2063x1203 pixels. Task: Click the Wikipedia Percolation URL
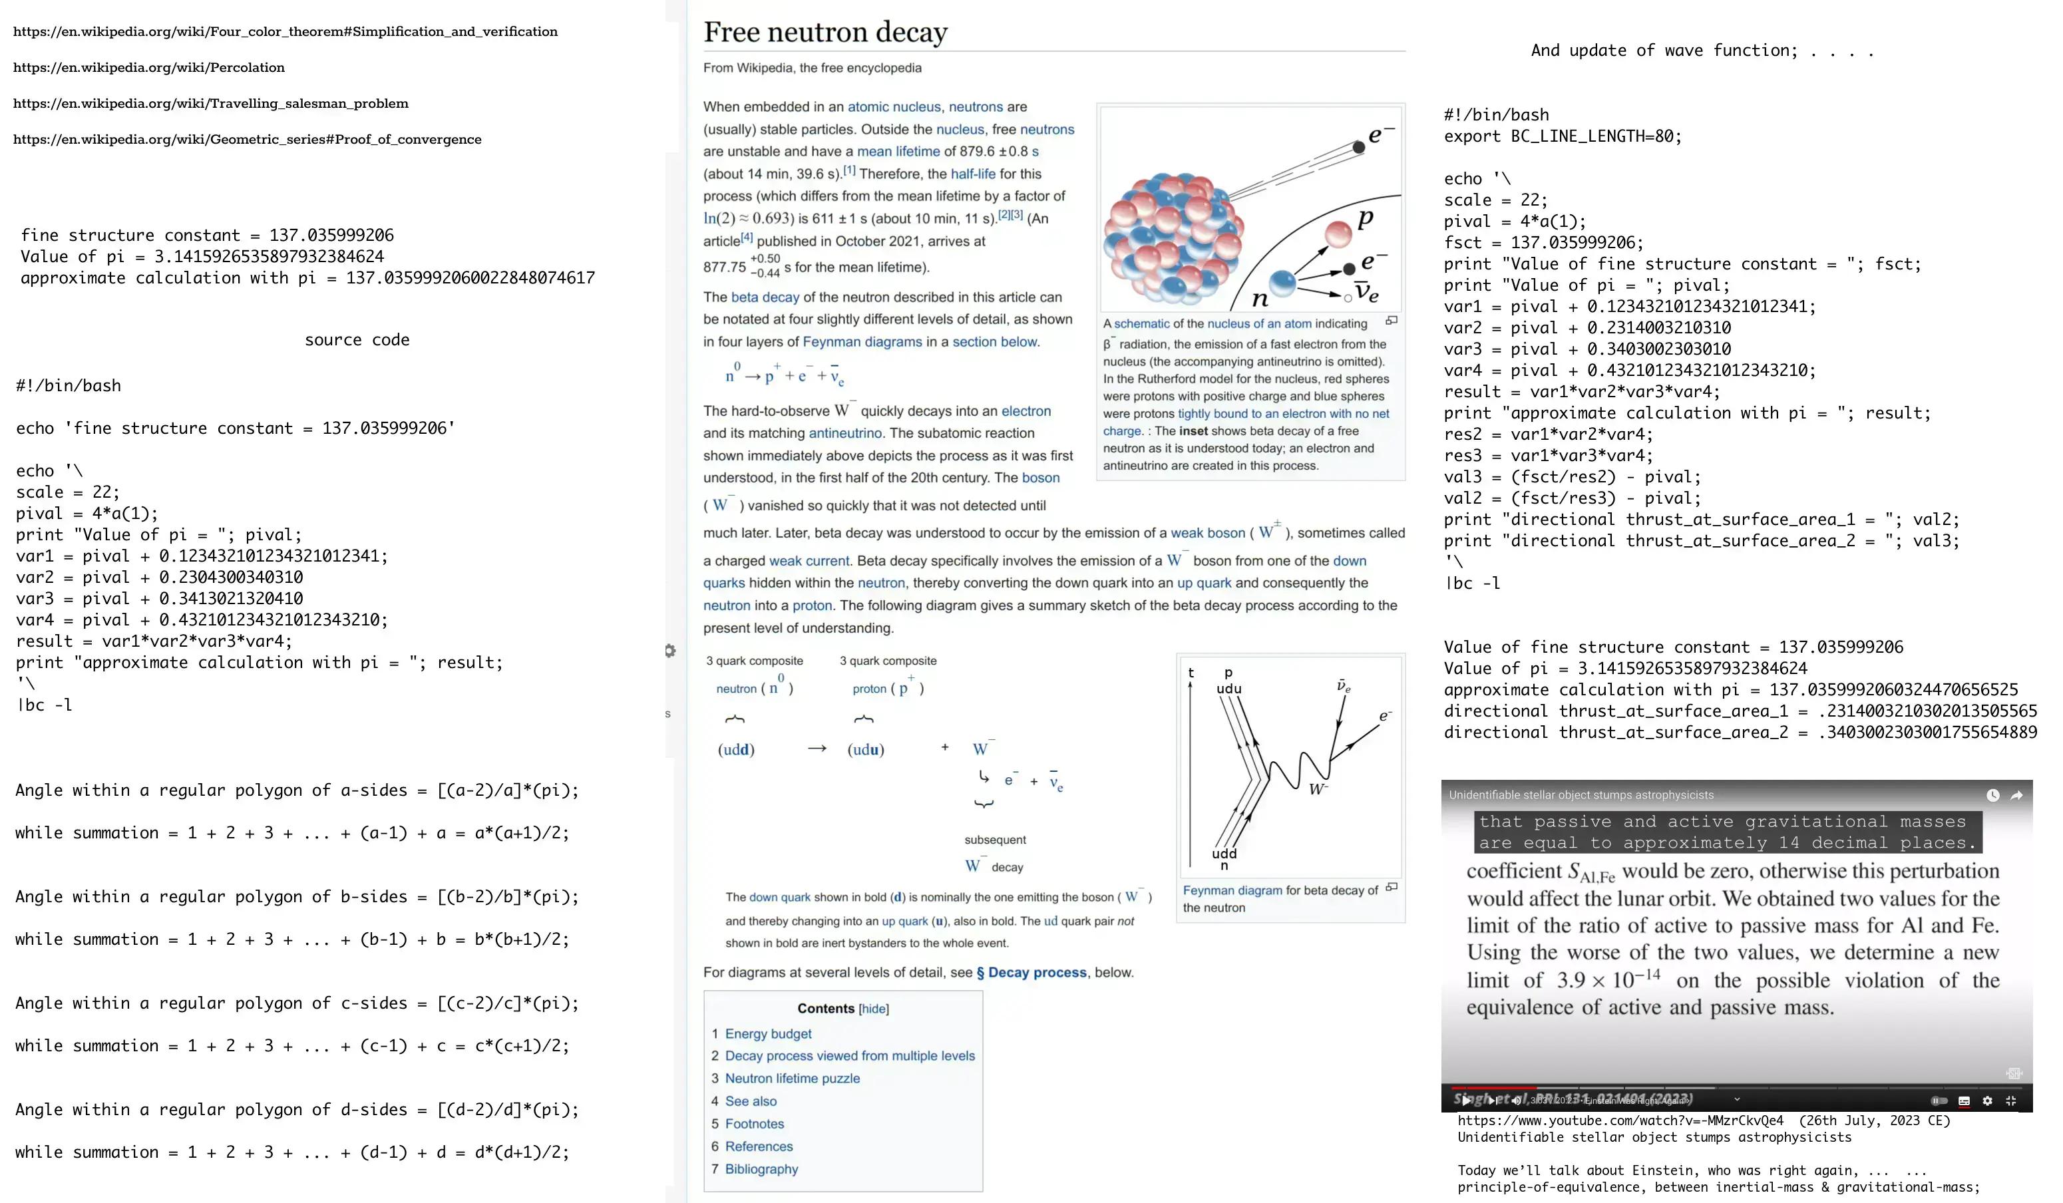pos(149,68)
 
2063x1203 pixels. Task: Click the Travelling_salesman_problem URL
pos(210,104)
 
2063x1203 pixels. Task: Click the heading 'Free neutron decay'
pos(825,32)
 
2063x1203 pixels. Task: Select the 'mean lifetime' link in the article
pos(898,152)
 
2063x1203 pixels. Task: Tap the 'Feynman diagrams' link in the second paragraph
pos(862,342)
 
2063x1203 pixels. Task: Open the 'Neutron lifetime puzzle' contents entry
pos(792,1079)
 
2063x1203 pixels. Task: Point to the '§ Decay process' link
pos(1031,972)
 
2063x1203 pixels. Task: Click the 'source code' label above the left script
pos(357,339)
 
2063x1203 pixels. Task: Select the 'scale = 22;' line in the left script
pos(68,492)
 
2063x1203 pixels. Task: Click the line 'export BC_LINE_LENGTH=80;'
pos(1562,136)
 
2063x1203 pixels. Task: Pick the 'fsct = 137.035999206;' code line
pos(1543,242)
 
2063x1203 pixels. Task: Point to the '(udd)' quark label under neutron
pos(736,750)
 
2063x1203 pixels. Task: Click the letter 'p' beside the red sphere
pos(1365,220)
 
